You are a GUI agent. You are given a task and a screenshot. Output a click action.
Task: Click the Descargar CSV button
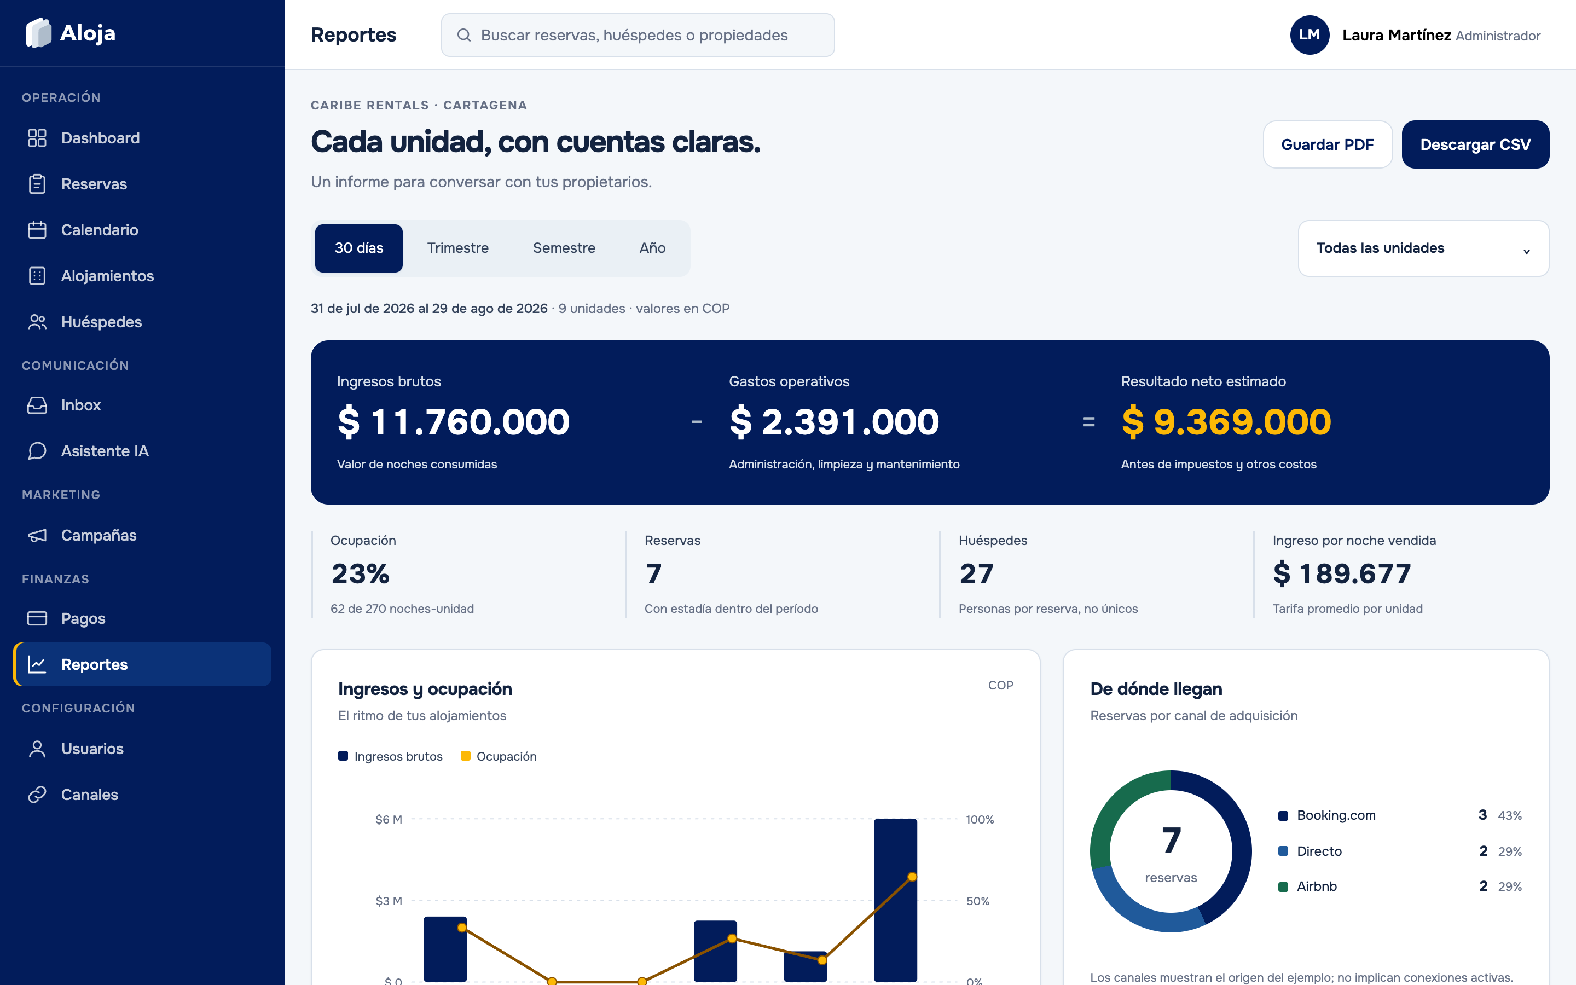tap(1475, 144)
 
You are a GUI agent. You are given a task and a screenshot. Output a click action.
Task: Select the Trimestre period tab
tap(458, 248)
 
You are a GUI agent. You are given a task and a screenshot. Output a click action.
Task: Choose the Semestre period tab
tap(564, 248)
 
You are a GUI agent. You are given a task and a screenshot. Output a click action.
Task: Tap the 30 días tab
tap(359, 248)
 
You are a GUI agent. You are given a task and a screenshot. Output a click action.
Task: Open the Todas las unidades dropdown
tap(1424, 248)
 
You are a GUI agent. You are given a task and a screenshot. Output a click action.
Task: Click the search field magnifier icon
tap(463, 35)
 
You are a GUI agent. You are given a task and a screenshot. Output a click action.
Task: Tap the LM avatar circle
tap(1310, 35)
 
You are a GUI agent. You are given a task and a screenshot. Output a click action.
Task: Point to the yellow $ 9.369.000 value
tap(1226, 422)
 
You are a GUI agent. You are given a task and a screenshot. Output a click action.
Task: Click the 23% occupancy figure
tap(360, 574)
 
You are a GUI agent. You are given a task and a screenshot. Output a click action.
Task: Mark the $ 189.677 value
tap(1342, 574)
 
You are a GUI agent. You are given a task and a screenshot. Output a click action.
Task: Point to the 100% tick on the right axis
tap(980, 820)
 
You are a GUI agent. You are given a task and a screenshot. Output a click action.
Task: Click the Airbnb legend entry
tap(1308, 887)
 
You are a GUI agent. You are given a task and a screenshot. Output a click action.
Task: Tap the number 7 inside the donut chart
tap(1171, 841)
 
